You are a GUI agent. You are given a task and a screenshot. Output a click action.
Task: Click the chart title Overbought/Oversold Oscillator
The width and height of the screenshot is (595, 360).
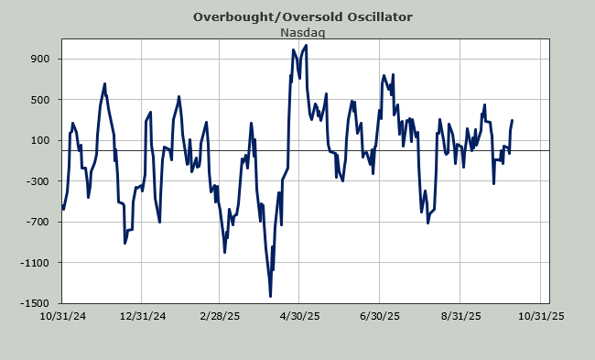[302, 17]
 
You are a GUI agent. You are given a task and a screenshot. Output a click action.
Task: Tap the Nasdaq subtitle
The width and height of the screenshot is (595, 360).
[302, 33]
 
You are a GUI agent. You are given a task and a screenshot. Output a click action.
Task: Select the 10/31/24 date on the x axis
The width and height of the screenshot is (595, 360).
[62, 316]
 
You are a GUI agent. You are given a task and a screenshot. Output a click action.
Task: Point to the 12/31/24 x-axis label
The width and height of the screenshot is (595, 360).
[143, 316]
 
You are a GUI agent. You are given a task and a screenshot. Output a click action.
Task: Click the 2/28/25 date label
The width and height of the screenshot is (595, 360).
[220, 316]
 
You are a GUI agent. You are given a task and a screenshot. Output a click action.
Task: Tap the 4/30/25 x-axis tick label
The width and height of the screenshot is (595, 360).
[299, 316]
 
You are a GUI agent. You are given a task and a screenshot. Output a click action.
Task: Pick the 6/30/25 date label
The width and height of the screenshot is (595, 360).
[380, 316]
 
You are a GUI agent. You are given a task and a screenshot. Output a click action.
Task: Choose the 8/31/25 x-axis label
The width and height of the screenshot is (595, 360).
[461, 316]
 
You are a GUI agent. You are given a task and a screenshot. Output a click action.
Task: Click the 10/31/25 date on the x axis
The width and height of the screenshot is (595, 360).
[541, 316]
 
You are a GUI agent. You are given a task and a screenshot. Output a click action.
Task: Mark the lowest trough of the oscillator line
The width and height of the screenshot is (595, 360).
[270, 296]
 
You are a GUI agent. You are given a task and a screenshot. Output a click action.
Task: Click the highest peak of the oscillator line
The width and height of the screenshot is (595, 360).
[306, 46]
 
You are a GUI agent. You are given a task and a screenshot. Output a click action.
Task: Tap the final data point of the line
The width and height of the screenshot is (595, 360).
[513, 120]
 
